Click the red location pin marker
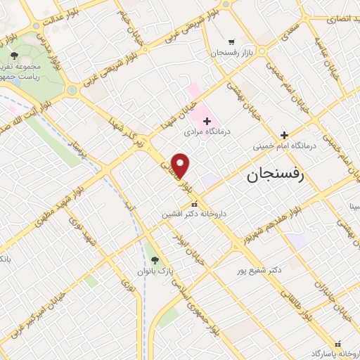pyautogui.click(x=181, y=166)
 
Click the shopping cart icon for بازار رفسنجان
pyautogui.click(x=232, y=41)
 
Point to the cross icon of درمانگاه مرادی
pyautogui.click(x=206, y=121)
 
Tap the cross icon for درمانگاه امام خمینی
pyautogui.click(x=284, y=135)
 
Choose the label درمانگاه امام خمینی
pyautogui.click(x=285, y=147)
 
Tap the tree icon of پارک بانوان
pyautogui.click(x=157, y=258)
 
